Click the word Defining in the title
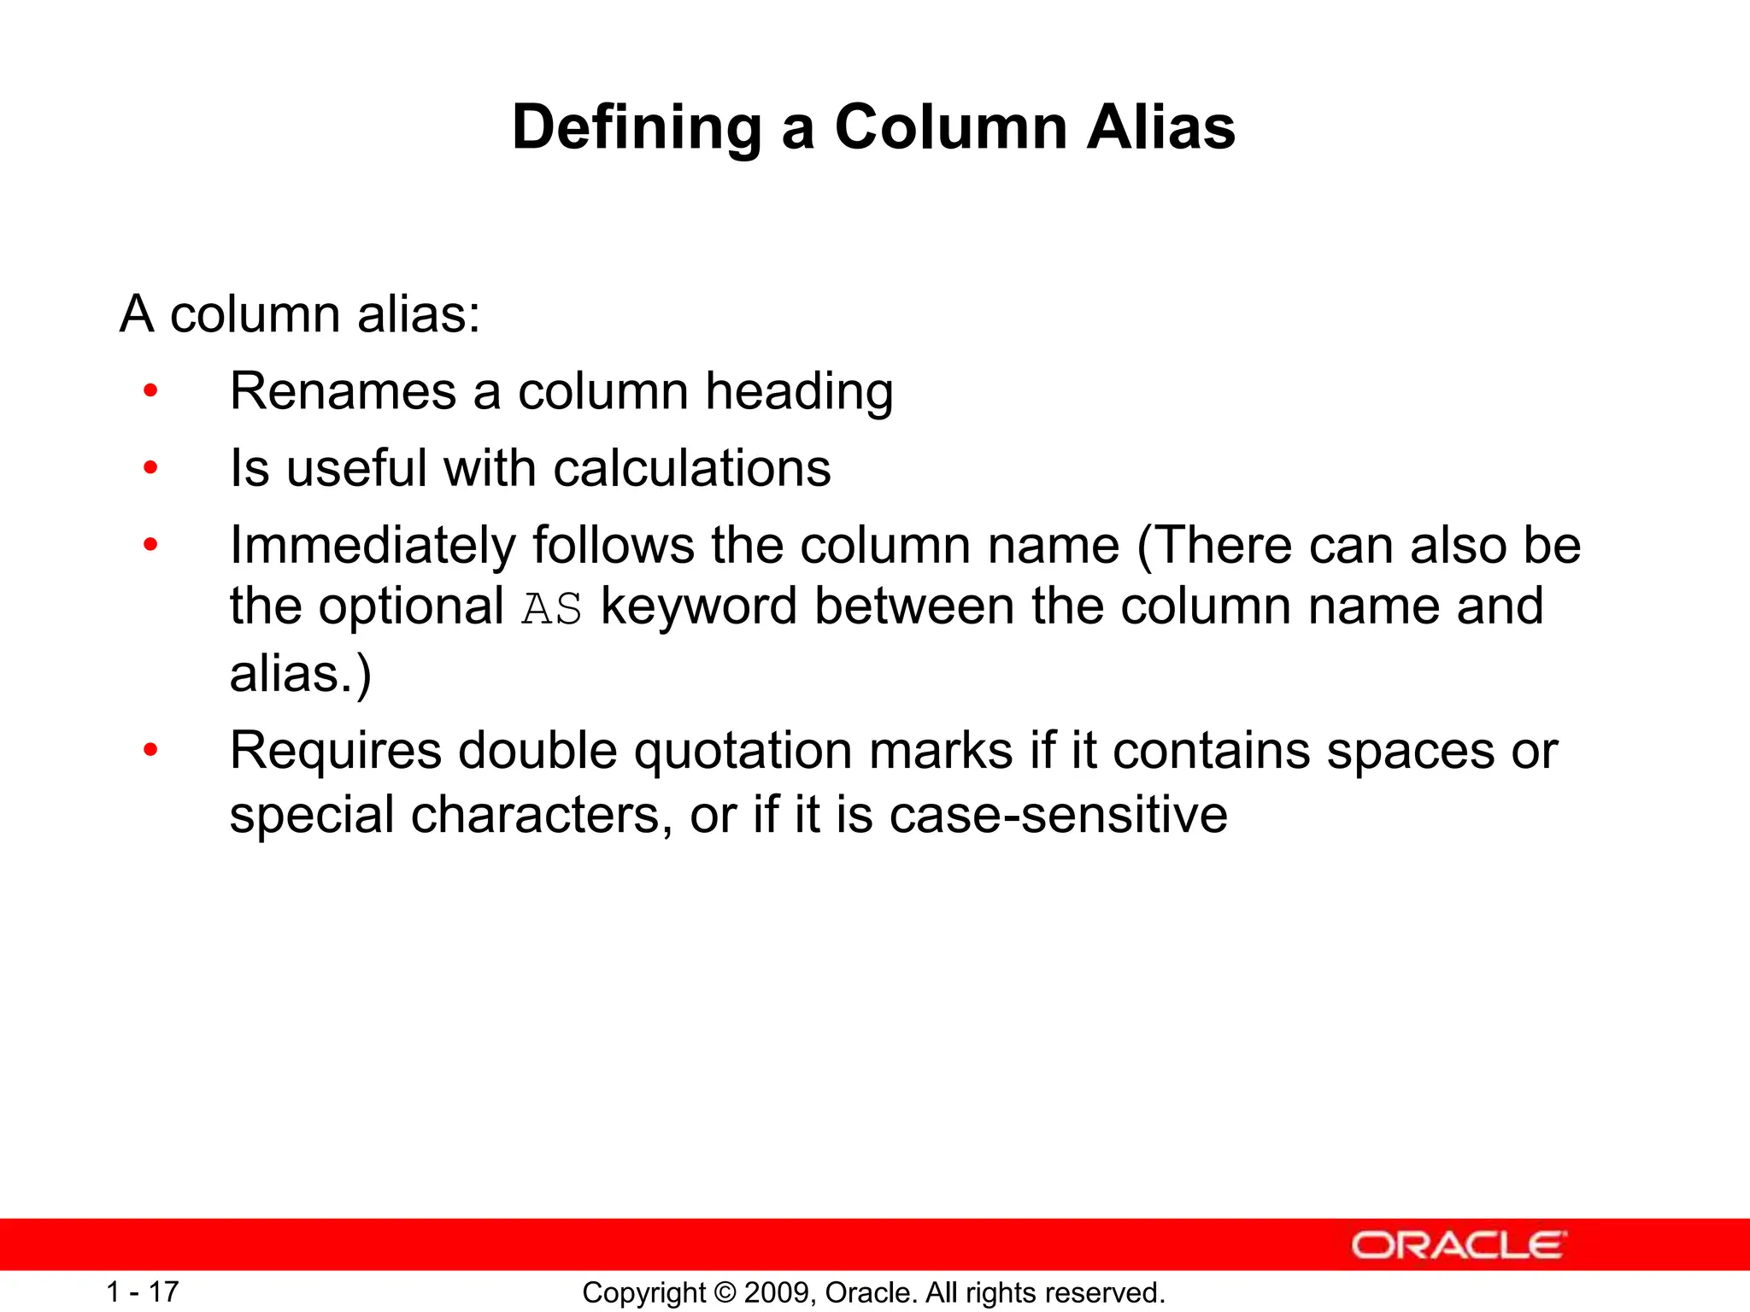[637, 128]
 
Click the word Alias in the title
[1160, 128]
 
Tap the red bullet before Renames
[151, 391]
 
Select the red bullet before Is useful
[151, 468]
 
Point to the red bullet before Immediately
[151, 545]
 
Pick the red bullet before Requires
[151, 751]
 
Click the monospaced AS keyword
[552, 609]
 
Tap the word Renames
[343, 392]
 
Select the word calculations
[692, 469]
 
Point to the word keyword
[698, 606]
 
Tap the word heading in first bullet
[799, 394]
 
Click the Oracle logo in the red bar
[1459, 1245]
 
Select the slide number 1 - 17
[142, 1291]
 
